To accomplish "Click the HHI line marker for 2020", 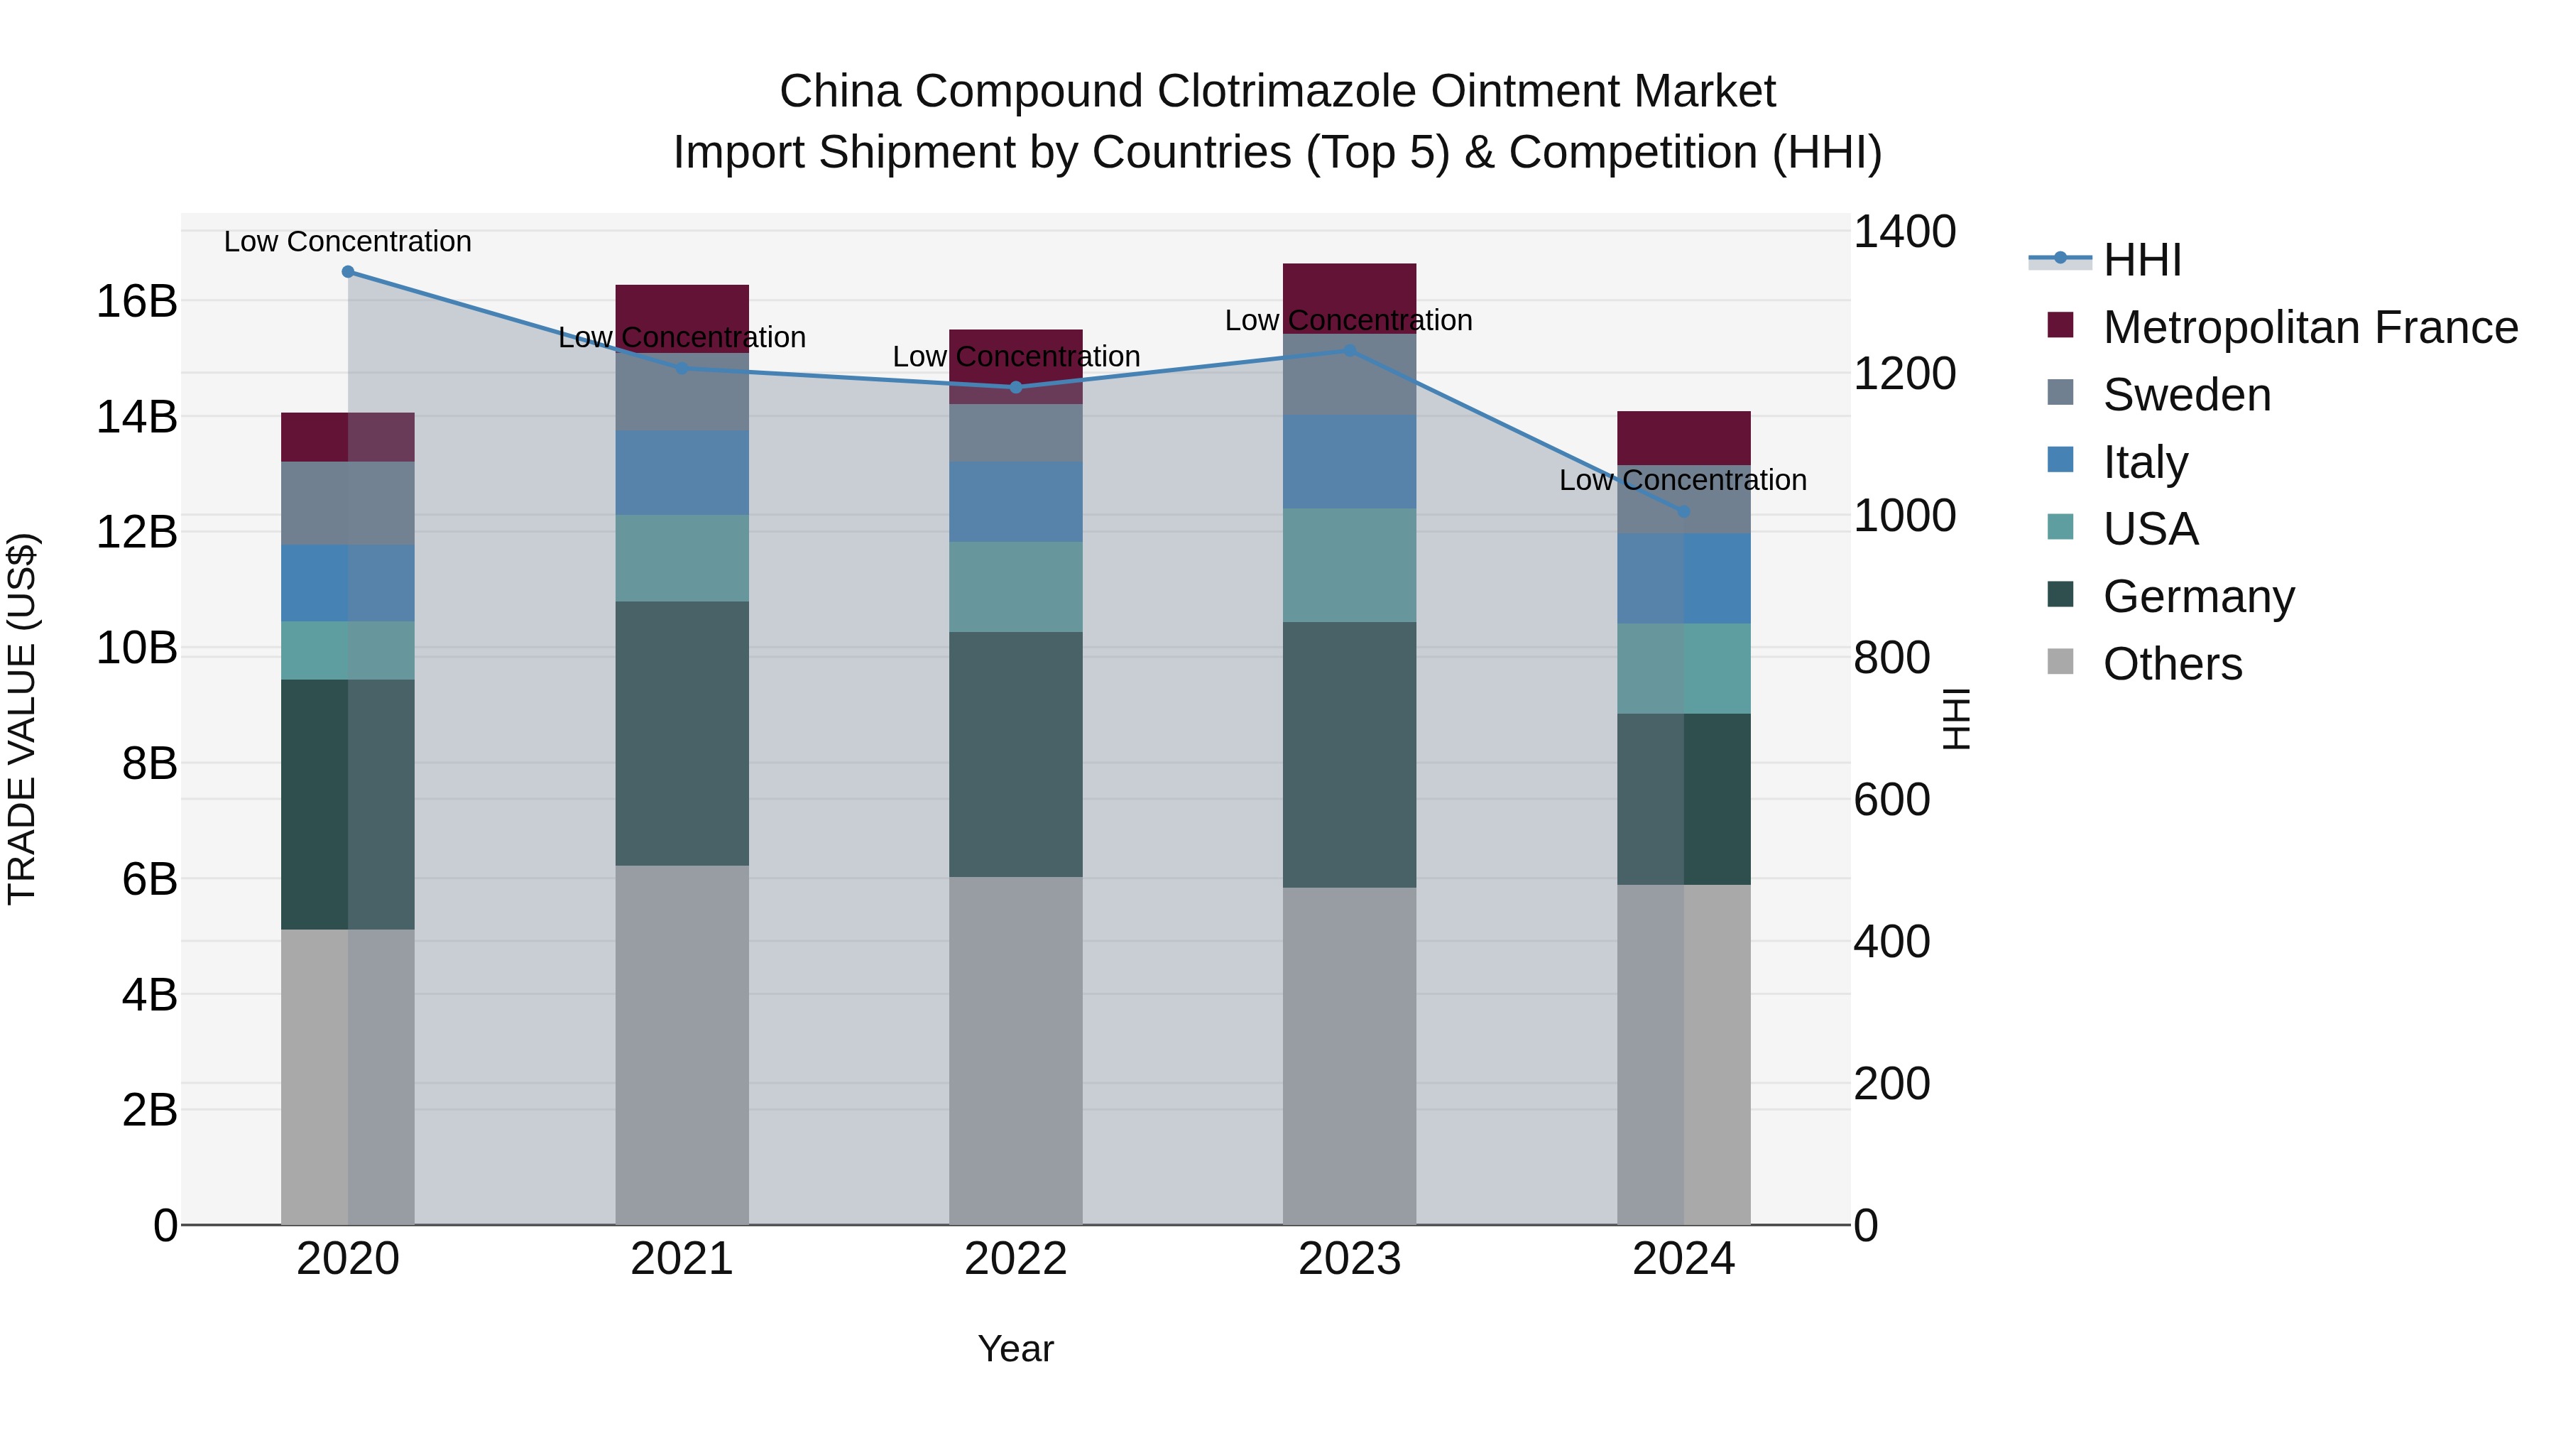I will click(347, 272).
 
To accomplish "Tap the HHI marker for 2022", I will click(1015, 387).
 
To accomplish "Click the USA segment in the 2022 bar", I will click(1015, 587).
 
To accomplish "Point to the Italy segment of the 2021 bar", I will click(682, 472).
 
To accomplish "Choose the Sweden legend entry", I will click(2186, 395).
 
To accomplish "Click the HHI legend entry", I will click(2141, 260).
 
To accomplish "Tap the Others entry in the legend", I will click(2171, 664).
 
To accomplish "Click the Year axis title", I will click(1015, 1349).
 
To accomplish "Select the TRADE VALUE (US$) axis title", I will click(22, 719).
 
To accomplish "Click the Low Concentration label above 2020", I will click(347, 241).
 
